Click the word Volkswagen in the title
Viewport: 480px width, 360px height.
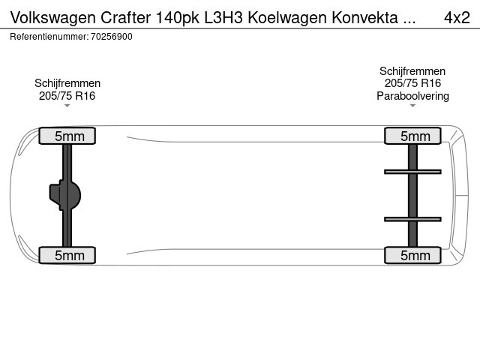tap(53, 18)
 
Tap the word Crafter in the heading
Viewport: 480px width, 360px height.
tap(125, 17)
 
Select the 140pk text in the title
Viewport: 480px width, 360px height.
tap(178, 18)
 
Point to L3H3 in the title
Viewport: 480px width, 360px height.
tap(223, 17)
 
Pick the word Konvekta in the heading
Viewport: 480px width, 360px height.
tap(365, 17)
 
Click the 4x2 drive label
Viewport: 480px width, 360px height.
tap(457, 17)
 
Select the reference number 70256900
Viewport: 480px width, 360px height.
tap(112, 37)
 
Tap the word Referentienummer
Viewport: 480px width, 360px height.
tap(49, 37)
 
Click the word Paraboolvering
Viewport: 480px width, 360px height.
tap(412, 96)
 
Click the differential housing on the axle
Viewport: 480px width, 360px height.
tap(65, 195)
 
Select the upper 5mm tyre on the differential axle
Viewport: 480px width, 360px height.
tap(67, 136)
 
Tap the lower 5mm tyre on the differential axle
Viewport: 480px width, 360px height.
tap(67, 255)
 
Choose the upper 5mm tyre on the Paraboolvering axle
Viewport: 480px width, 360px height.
tap(412, 136)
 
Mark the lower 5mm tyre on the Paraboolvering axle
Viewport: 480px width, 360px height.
tap(412, 255)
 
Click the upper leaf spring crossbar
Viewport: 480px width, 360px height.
tap(412, 172)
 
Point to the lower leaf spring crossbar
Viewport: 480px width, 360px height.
tap(412, 219)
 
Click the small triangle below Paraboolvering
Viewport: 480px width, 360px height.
tap(412, 106)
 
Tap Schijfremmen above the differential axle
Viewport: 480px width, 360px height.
tap(67, 83)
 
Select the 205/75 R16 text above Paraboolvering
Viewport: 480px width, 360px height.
tap(412, 83)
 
